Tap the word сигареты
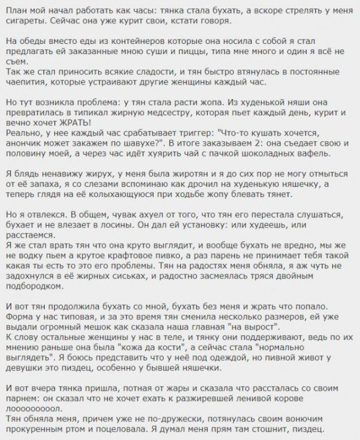point(23,19)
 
